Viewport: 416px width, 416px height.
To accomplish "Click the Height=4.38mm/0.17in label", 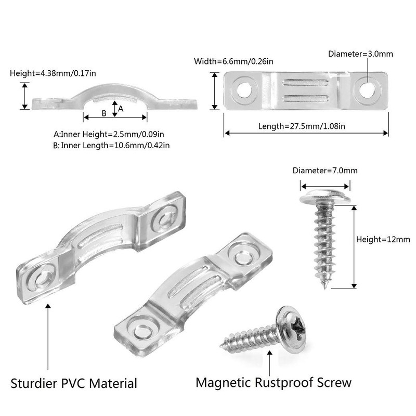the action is pos(53,73).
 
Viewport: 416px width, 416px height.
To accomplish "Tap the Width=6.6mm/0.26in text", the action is pos(233,61).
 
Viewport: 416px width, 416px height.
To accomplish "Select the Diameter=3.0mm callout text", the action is pos(360,54).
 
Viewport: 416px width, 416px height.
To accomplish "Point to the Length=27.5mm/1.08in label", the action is pos(302,126).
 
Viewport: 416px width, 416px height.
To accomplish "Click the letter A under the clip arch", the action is pos(121,109).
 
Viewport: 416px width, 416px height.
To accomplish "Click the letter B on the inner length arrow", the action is pos(104,113).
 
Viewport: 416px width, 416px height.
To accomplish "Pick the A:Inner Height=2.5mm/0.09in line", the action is pos(109,134).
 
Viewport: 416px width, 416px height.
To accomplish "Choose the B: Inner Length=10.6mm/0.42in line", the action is pos(111,146).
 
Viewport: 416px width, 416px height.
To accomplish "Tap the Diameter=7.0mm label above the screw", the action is pos(325,171).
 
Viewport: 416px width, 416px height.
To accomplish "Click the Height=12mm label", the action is pos(383,239).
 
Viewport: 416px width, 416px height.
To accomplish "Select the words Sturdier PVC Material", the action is pos(74,384).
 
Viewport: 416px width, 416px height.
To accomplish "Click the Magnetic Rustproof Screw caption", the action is pos(274,383).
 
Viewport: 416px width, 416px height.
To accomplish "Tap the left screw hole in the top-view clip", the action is pos(244,90).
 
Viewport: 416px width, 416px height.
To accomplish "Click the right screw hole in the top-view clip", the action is pos(367,90).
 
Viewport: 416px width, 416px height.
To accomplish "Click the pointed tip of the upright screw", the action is pos(324,288).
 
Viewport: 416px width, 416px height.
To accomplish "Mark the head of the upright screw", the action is pos(325,198).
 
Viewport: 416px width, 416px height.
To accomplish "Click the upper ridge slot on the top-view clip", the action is pos(305,82).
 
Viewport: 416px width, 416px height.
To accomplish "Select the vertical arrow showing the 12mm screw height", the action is pos(354,246).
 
